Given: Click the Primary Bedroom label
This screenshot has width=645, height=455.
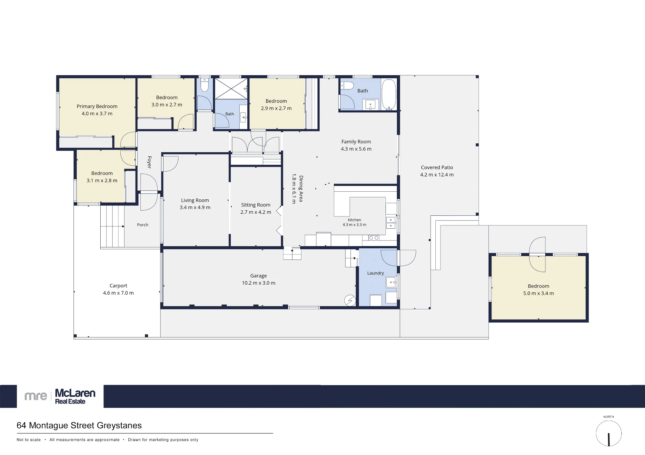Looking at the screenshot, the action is pyautogui.click(x=97, y=106).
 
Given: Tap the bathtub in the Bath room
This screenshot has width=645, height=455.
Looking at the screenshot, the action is pyautogui.click(x=389, y=94).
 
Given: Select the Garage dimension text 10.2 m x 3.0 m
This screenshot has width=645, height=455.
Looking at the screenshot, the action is pyautogui.click(x=259, y=283).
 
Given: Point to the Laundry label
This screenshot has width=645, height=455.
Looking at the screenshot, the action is pyautogui.click(x=375, y=273).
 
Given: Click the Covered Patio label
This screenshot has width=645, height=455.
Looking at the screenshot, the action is pyautogui.click(x=437, y=167).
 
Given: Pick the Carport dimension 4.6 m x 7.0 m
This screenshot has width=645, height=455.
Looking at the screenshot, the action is pyautogui.click(x=118, y=293).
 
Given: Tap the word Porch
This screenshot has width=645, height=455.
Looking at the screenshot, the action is pyautogui.click(x=143, y=225).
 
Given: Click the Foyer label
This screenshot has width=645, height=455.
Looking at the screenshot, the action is pyautogui.click(x=149, y=162).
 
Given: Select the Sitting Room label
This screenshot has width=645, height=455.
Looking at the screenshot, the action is pyautogui.click(x=256, y=205).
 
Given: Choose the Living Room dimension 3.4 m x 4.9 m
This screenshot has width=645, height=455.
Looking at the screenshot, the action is pyautogui.click(x=195, y=207).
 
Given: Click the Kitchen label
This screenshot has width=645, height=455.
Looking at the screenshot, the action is pyautogui.click(x=354, y=220).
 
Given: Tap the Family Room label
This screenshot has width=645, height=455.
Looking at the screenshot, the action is pyautogui.click(x=356, y=142).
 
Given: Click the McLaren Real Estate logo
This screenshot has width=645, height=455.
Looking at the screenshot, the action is pyautogui.click(x=60, y=396).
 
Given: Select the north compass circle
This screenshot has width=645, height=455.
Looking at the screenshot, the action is pyautogui.click(x=609, y=433).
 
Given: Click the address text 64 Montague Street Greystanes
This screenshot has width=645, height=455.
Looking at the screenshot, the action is pyautogui.click(x=79, y=425).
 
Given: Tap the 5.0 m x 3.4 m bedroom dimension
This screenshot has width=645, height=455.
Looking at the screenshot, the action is pyautogui.click(x=539, y=293).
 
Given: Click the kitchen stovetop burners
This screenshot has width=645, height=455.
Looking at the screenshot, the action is pyautogui.click(x=374, y=238).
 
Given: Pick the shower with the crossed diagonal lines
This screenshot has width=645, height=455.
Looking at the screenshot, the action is pyautogui.click(x=231, y=89).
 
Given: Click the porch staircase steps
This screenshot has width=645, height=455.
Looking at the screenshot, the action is pyautogui.click(x=112, y=226).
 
